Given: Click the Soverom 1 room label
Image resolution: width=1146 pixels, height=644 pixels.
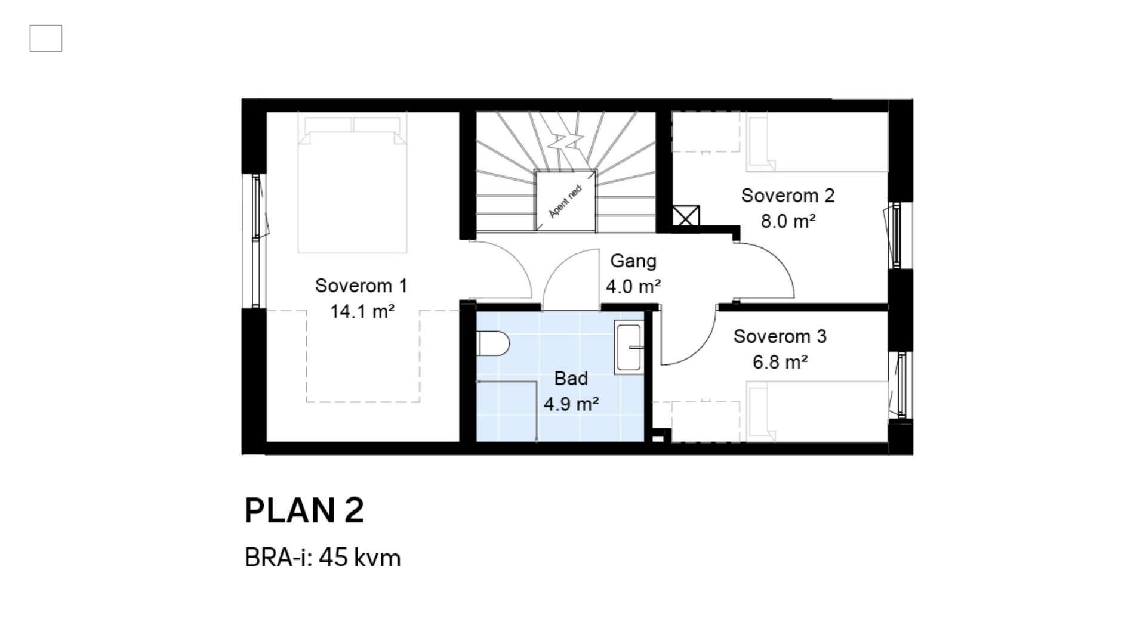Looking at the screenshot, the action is (361, 286).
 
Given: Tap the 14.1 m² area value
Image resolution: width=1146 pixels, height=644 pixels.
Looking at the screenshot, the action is (363, 311).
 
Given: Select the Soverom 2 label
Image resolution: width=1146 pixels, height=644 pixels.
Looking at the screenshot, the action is (788, 195).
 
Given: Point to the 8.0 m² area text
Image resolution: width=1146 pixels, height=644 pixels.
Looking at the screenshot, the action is (788, 221).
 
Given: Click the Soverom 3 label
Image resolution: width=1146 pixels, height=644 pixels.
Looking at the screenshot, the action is (780, 336).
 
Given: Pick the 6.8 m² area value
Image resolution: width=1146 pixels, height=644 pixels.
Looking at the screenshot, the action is (780, 362).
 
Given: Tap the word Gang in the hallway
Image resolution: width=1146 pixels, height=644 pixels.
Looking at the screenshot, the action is (633, 261).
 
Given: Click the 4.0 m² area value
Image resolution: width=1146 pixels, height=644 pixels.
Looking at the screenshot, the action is (633, 287).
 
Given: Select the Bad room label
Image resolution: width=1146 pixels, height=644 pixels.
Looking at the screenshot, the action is (571, 378).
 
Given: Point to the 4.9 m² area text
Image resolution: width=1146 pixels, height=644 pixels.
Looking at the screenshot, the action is (571, 404).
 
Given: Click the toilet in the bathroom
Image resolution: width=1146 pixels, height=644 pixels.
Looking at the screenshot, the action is (494, 345).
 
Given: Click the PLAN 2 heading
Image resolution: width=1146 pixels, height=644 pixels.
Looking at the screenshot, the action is (304, 510).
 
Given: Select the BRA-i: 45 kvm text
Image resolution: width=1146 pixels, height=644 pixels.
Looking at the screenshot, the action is (322, 558).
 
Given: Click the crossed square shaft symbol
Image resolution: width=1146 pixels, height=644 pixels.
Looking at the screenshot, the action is (686, 216).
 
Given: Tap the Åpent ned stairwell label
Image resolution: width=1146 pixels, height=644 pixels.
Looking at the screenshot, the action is (565, 202).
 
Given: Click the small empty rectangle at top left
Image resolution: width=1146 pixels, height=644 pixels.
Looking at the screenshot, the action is (46, 38).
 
